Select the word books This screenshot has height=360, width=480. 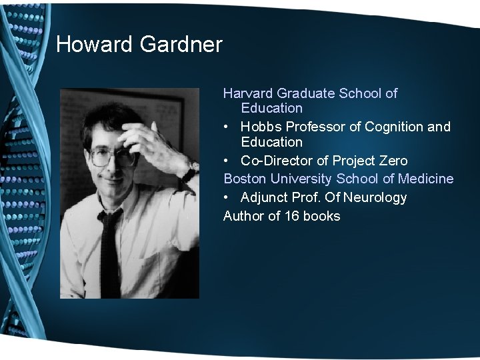[321, 216]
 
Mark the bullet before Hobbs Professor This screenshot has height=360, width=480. [227, 127]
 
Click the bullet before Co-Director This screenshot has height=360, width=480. [227, 161]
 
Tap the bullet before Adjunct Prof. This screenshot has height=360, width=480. [227, 197]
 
